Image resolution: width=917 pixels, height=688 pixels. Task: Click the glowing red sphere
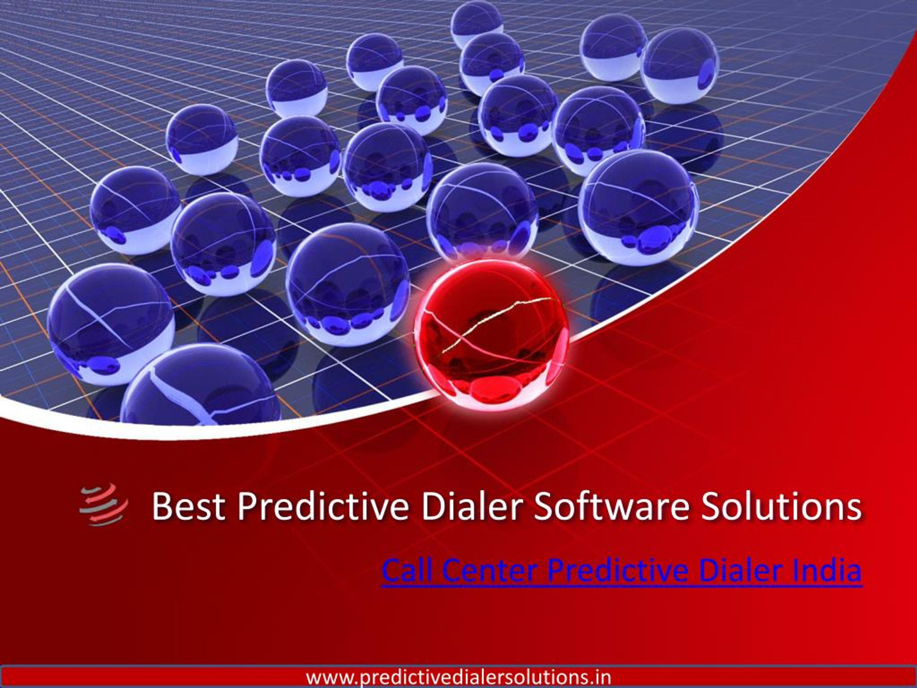(492, 335)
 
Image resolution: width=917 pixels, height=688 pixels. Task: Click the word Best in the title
(189, 506)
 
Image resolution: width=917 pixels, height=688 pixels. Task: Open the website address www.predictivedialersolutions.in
(458, 677)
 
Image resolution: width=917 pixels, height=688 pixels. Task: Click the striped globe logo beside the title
(104, 505)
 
